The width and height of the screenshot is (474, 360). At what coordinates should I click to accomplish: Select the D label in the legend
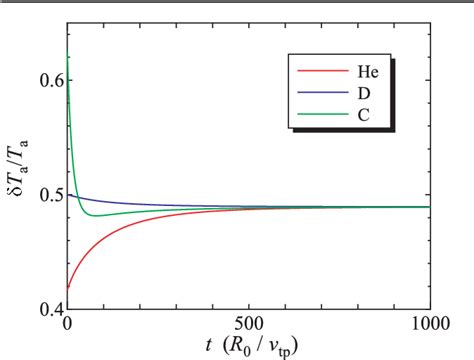coord(357,96)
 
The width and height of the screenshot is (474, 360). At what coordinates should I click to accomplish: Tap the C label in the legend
coord(357,120)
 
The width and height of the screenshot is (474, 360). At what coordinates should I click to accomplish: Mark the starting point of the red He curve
coord(68,288)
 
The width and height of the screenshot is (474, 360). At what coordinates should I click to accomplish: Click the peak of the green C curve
coord(68,57)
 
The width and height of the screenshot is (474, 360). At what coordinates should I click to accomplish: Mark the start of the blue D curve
coord(68,192)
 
